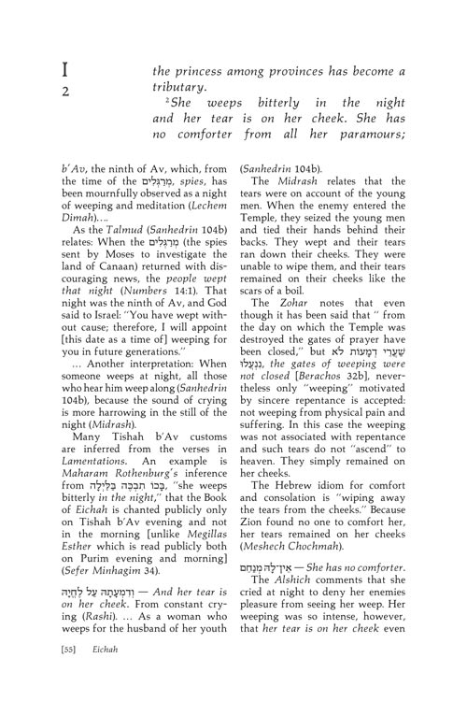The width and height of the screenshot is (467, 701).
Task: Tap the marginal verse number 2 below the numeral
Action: pyautogui.click(x=65, y=92)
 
